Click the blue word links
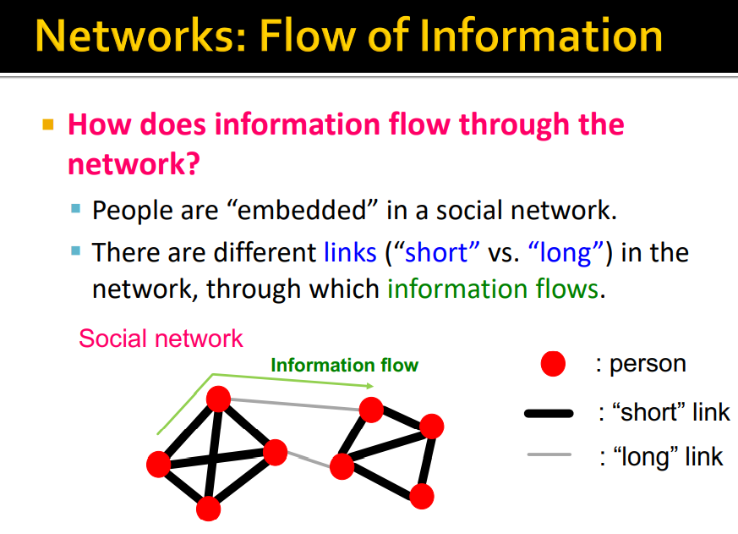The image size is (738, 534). click(x=349, y=252)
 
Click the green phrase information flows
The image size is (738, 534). click(x=493, y=289)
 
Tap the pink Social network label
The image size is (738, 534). click(x=161, y=339)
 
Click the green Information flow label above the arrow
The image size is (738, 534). click(x=344, y=366)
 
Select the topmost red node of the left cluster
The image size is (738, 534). click(x=219, y=399)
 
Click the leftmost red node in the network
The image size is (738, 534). click(x=158, y=464)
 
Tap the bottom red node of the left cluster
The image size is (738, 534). click(x=208, y=509)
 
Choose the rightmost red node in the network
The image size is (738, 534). click(x=432, y=426)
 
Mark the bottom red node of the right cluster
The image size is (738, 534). click(x=422, y=496)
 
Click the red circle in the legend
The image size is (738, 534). click(x=553, y=365)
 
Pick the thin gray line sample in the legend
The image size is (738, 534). click(x=549, y=456)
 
